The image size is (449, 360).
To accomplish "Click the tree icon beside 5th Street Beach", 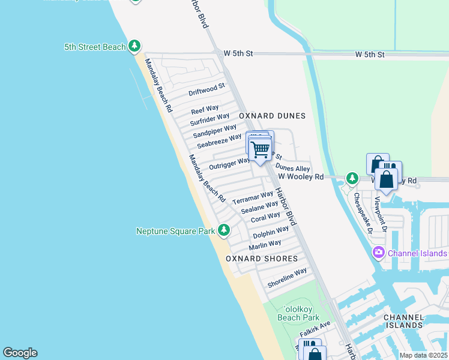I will point(135,46).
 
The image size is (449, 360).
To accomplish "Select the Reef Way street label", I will point(205,110).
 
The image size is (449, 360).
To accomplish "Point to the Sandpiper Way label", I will point(214,130).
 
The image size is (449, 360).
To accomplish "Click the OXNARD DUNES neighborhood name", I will point(272,116).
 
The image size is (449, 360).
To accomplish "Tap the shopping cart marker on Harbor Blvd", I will point(259,149).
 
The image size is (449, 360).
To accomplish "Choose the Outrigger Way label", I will point(229,163).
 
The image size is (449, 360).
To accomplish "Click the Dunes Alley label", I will point(293,169).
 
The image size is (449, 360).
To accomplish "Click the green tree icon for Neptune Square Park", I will point(224,230).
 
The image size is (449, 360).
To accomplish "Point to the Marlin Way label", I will point(265,244).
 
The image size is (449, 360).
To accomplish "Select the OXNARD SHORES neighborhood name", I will point(262,259).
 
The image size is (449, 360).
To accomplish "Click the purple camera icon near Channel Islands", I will point(379,253).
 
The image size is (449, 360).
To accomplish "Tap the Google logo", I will point(20,353).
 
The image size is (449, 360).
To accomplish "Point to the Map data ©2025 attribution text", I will point(423,355).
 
